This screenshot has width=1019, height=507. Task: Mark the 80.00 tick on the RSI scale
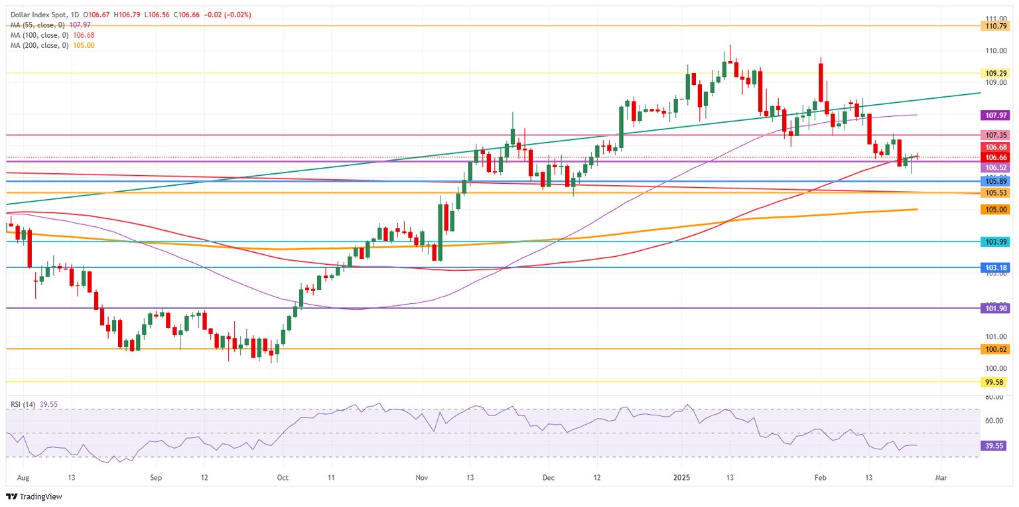pos(993,397)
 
